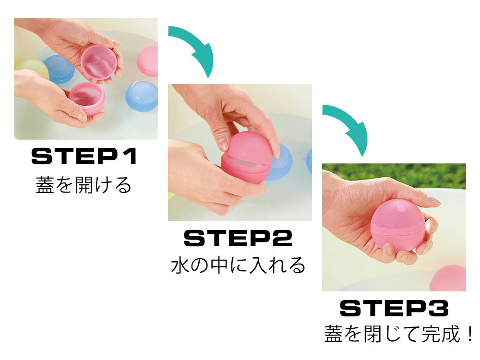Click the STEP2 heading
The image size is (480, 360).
click(x=238, y=238)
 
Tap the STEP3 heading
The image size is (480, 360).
click(x=394, y=308)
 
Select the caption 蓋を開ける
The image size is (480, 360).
click(x=84, y=185)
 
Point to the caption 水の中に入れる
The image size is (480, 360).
click(x=238, y=265)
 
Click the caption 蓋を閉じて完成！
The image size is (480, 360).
click(x=398, y=334)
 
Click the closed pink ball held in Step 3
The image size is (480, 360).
click(x=397, y=225)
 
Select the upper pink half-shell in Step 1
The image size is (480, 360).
click(x=98, y=63)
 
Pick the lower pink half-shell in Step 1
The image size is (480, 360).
click(x=87, y=97)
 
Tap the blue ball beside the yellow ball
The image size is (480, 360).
click(x=59, y=69)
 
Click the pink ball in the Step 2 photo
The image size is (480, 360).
click(x=246, y=158)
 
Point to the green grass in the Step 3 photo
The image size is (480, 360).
click(x=394, y=175)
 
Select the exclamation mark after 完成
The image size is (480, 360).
click(x=470, y=334)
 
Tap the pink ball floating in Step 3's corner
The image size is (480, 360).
click(x=448, y=278)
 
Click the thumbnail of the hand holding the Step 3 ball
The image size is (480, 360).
click(x=394, y=227)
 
